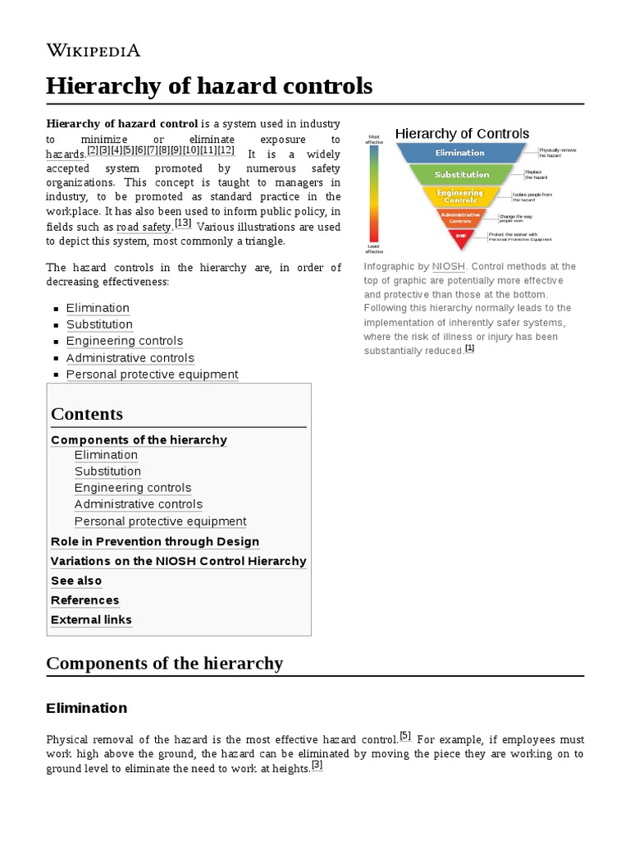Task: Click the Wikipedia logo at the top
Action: click(x=94, y=50)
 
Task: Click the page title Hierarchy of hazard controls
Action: click(x=209, y=85)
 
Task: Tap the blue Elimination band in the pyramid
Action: click(x=460, y=153)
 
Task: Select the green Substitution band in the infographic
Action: click(x=461, y=174)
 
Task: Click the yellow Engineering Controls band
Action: click(x=460, y=197)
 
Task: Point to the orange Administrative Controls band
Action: click(x=460, y=218)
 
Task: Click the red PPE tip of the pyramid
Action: click(x=460, y=236)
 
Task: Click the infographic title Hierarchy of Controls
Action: click(x=462, y=134)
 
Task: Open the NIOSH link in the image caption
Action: click(x=449, y=267)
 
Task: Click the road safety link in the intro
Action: click(x=143, y=226)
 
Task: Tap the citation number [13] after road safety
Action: click(x=182, y=223)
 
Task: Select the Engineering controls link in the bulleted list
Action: click(x=125, y=341)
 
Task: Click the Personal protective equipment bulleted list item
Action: click(x=152, y=375)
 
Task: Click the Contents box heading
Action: click(x=87, y=414)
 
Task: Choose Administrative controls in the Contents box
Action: click(x=138, y=504)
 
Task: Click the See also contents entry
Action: click(x=76, y=581)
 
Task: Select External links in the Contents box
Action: click(x=91, y=620)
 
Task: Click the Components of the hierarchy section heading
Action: click(x=164, y=663)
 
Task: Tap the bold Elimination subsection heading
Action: click(x=87, y=708)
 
